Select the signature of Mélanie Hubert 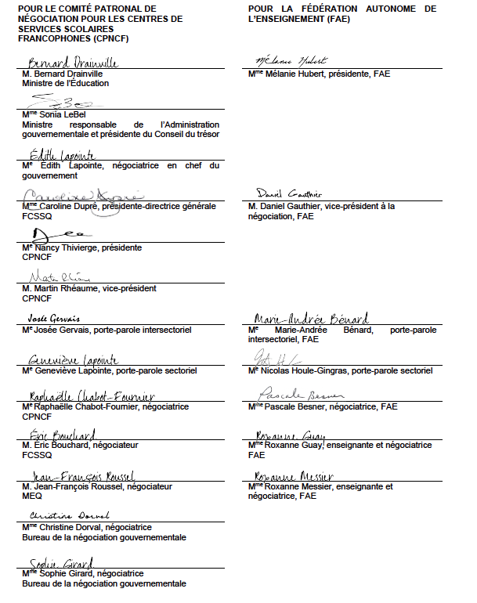tap(291, 61)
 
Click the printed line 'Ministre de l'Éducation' tap(66, 82)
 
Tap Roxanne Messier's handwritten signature tap(294, 476)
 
